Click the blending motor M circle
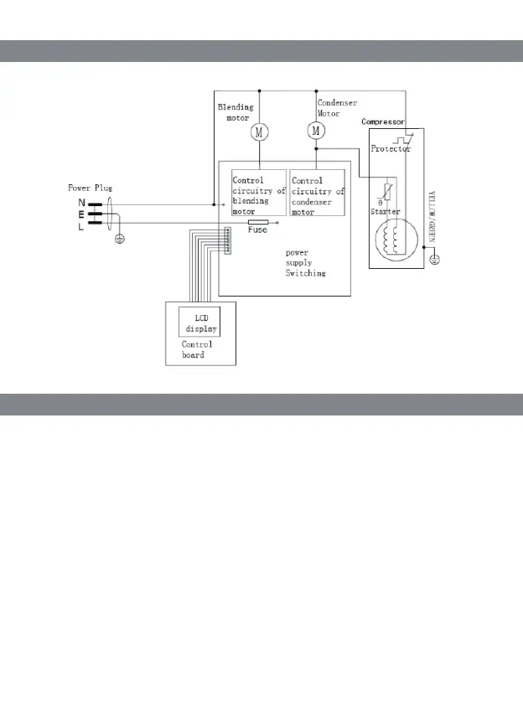pos(259,132)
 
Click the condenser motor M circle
pos(316,131)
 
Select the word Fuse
pos(257,230)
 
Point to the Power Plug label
pos(90,188)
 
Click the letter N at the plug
pos(81,203)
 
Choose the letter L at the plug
pos(81,226)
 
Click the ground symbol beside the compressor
pos(434,259)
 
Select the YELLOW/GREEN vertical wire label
pos(432,217)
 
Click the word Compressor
pos(383,122)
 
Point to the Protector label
pos(391,149)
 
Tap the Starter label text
pos(385,213)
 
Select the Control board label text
pos(197,349)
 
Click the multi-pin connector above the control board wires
pos(227,240)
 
